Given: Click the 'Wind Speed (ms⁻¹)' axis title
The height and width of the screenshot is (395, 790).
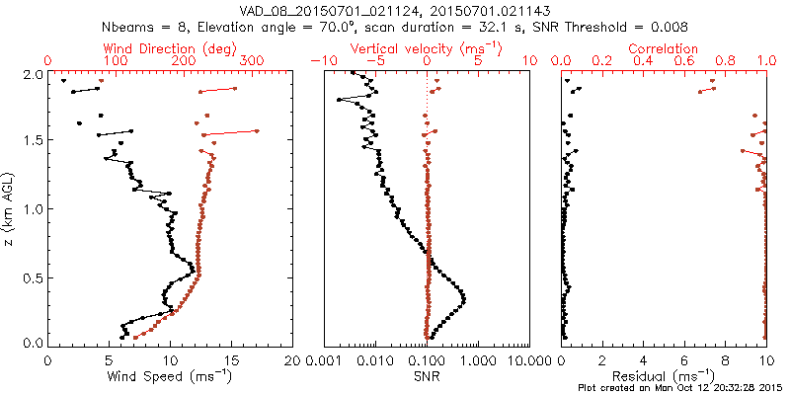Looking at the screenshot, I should pos(170,375).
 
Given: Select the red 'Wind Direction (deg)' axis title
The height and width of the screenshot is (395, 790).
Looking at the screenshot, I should pos(170,47).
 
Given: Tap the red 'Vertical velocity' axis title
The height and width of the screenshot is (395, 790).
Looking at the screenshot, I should pos(427,47).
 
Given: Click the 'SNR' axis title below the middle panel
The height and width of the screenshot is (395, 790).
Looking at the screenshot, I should pos(427,375).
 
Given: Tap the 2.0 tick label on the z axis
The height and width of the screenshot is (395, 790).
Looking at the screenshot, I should pos(33,74).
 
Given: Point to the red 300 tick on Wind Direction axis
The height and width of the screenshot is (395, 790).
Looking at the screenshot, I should pos(253,61).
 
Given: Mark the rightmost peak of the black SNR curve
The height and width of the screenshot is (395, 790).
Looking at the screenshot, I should pos(463,298).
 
